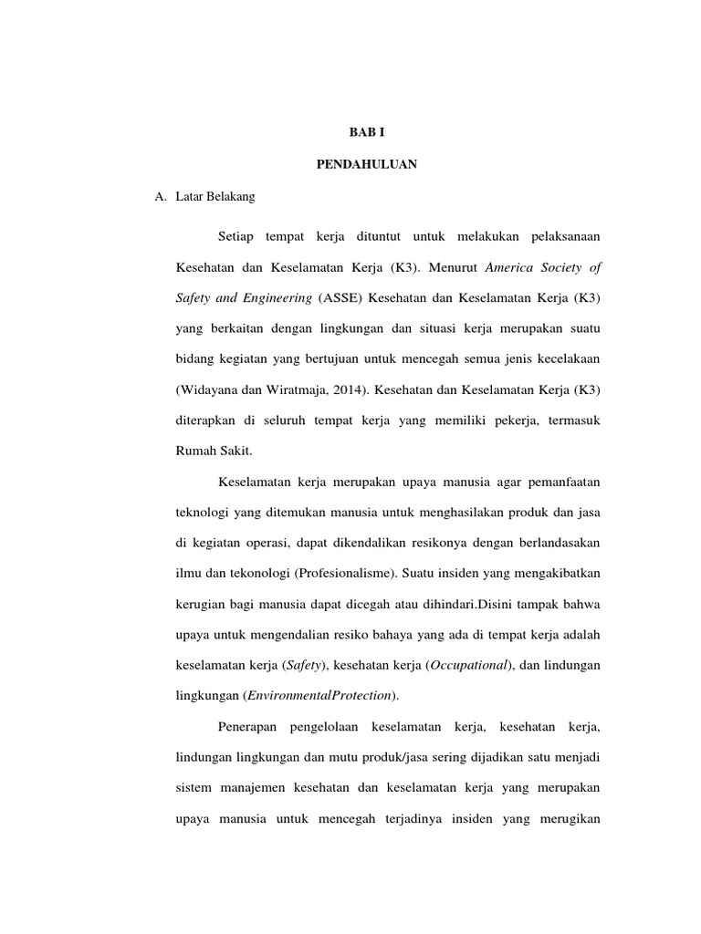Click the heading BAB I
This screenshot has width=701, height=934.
(x=367, y=132)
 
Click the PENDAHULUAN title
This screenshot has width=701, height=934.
(x=367, y=164)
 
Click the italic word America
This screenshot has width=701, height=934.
(x=513, y=268)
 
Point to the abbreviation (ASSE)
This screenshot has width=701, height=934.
(x=341, y=297)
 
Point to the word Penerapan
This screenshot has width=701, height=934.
(x=248, y=727)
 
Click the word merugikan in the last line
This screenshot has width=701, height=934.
(x=567, y=818)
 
